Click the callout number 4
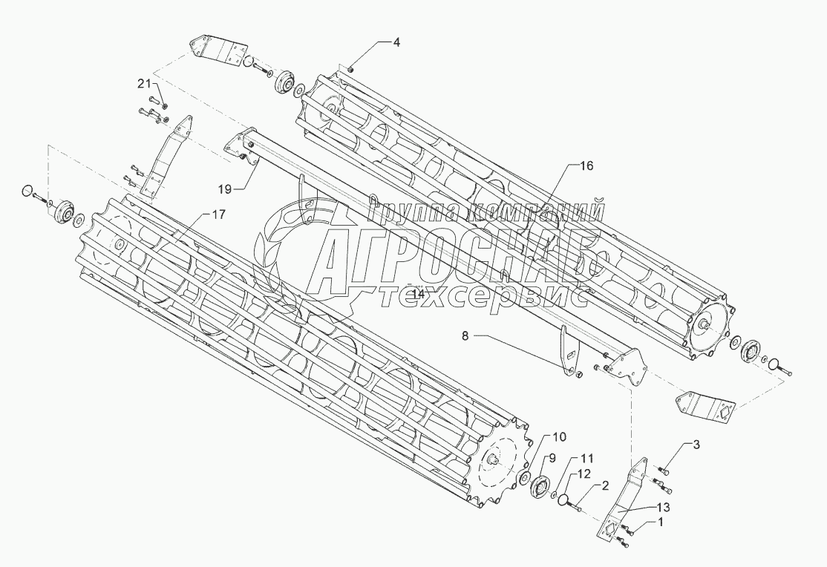[396, 43]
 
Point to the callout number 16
[586, 167]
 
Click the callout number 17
[218, 215]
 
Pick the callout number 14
[418, 294]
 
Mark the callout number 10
[558, 436]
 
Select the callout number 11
[587, 458]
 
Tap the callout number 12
[585, 473]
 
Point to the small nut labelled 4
[350, 70]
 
